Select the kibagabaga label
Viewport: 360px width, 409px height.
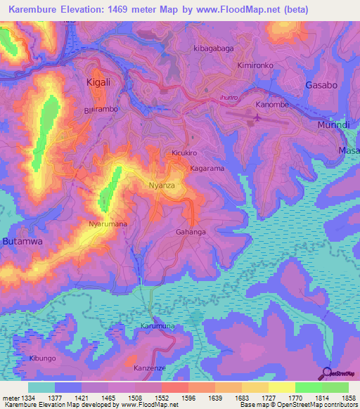[x=212, y=48]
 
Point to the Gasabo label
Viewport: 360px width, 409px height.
[x=323, y=85]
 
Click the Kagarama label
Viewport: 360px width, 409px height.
[x=207, y=169]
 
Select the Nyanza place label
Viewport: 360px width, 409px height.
[x=161, y=186]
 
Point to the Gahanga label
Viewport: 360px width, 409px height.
[x=191, y=232]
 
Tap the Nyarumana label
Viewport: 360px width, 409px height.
[x=108, y=224]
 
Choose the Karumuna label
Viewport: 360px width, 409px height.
[x=157, y=327]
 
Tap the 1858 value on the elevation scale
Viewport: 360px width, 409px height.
[x=347, y=398]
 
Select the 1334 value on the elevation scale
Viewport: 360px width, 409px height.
[x=25, y=398]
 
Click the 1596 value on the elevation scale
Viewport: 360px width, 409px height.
[x=188, y=398]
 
